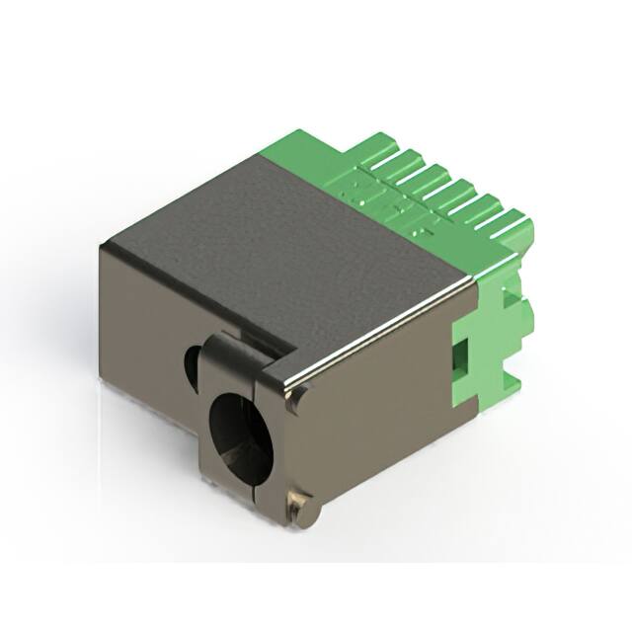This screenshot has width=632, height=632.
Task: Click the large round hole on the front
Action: click(240, 427)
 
